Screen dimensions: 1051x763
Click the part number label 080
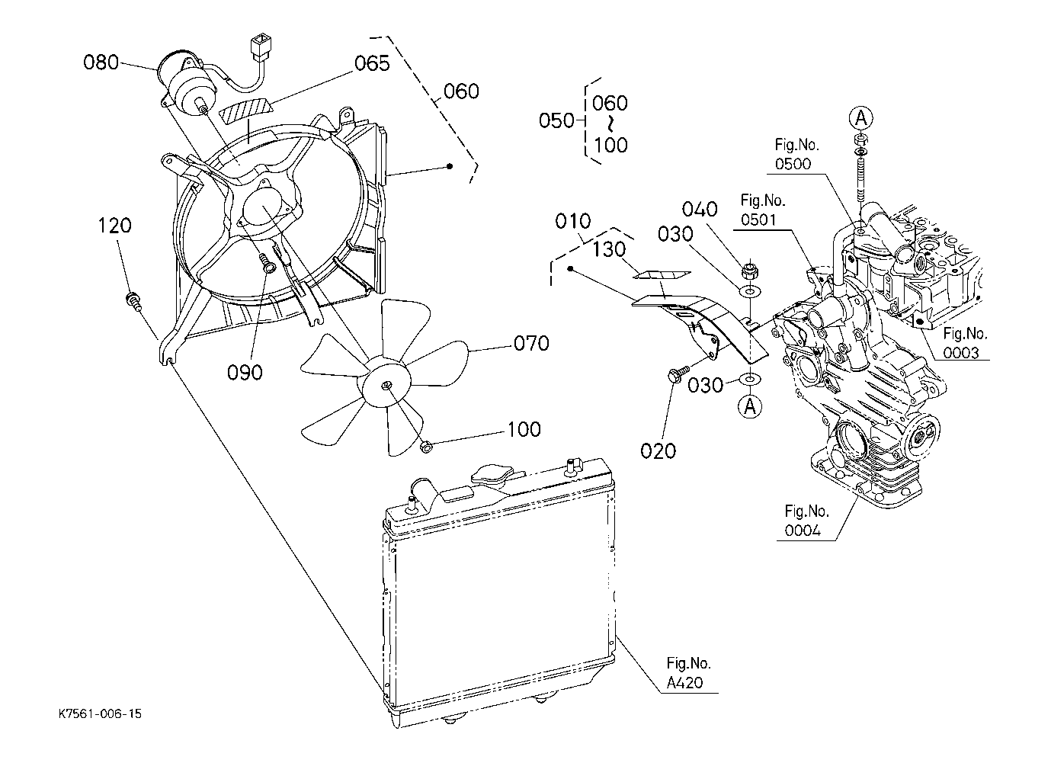click(101, 62)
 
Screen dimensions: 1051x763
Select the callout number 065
click(372, 63)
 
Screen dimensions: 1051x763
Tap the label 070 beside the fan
click(532, 344)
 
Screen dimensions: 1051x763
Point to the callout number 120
click(114, 226)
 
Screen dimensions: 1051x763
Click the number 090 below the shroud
click(245, 373)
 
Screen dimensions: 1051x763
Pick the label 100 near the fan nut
click(524, 429)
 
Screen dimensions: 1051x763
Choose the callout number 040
click(700, 210)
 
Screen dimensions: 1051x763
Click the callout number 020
click(658, 451)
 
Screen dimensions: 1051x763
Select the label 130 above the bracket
click(609, 250)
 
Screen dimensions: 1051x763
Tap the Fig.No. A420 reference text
click(688, 673)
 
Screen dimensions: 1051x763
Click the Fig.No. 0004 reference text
click(806, 521)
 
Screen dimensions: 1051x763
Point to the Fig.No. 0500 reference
click(796, 155)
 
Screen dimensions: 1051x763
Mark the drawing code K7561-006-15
click(100, 713)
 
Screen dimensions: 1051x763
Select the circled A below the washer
click(750, 406)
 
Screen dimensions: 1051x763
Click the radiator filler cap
click(492, 476)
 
